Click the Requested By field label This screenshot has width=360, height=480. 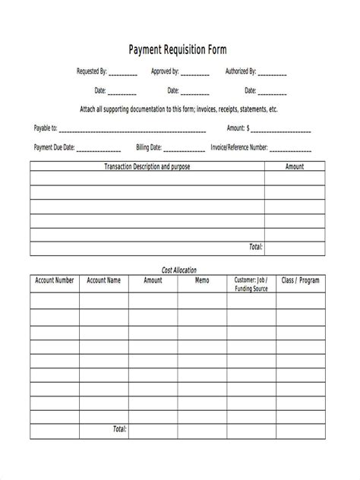click(92, 72)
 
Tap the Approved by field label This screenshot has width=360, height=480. click(165, 72)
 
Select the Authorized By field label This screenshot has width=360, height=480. click(241, 72)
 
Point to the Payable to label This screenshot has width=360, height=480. click(46, 128)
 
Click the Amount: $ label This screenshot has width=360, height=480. click(242, 128)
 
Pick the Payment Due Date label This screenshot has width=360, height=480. click(54, 147)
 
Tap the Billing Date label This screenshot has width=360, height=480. click(148, 147)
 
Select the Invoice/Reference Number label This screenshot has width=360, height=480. click(239, 147)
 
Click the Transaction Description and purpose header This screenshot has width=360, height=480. click(147, 166)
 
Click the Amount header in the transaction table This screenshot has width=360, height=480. click(294, 166)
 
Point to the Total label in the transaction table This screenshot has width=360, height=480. click(255, 247)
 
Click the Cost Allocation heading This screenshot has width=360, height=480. click(179, 270)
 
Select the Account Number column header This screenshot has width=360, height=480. click(55, 280)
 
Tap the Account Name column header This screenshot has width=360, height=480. click(103, 280)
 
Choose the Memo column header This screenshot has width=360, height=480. click(201, 280)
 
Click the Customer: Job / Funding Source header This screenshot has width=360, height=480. click(251, 284)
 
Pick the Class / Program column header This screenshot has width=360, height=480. click(300, 280)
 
